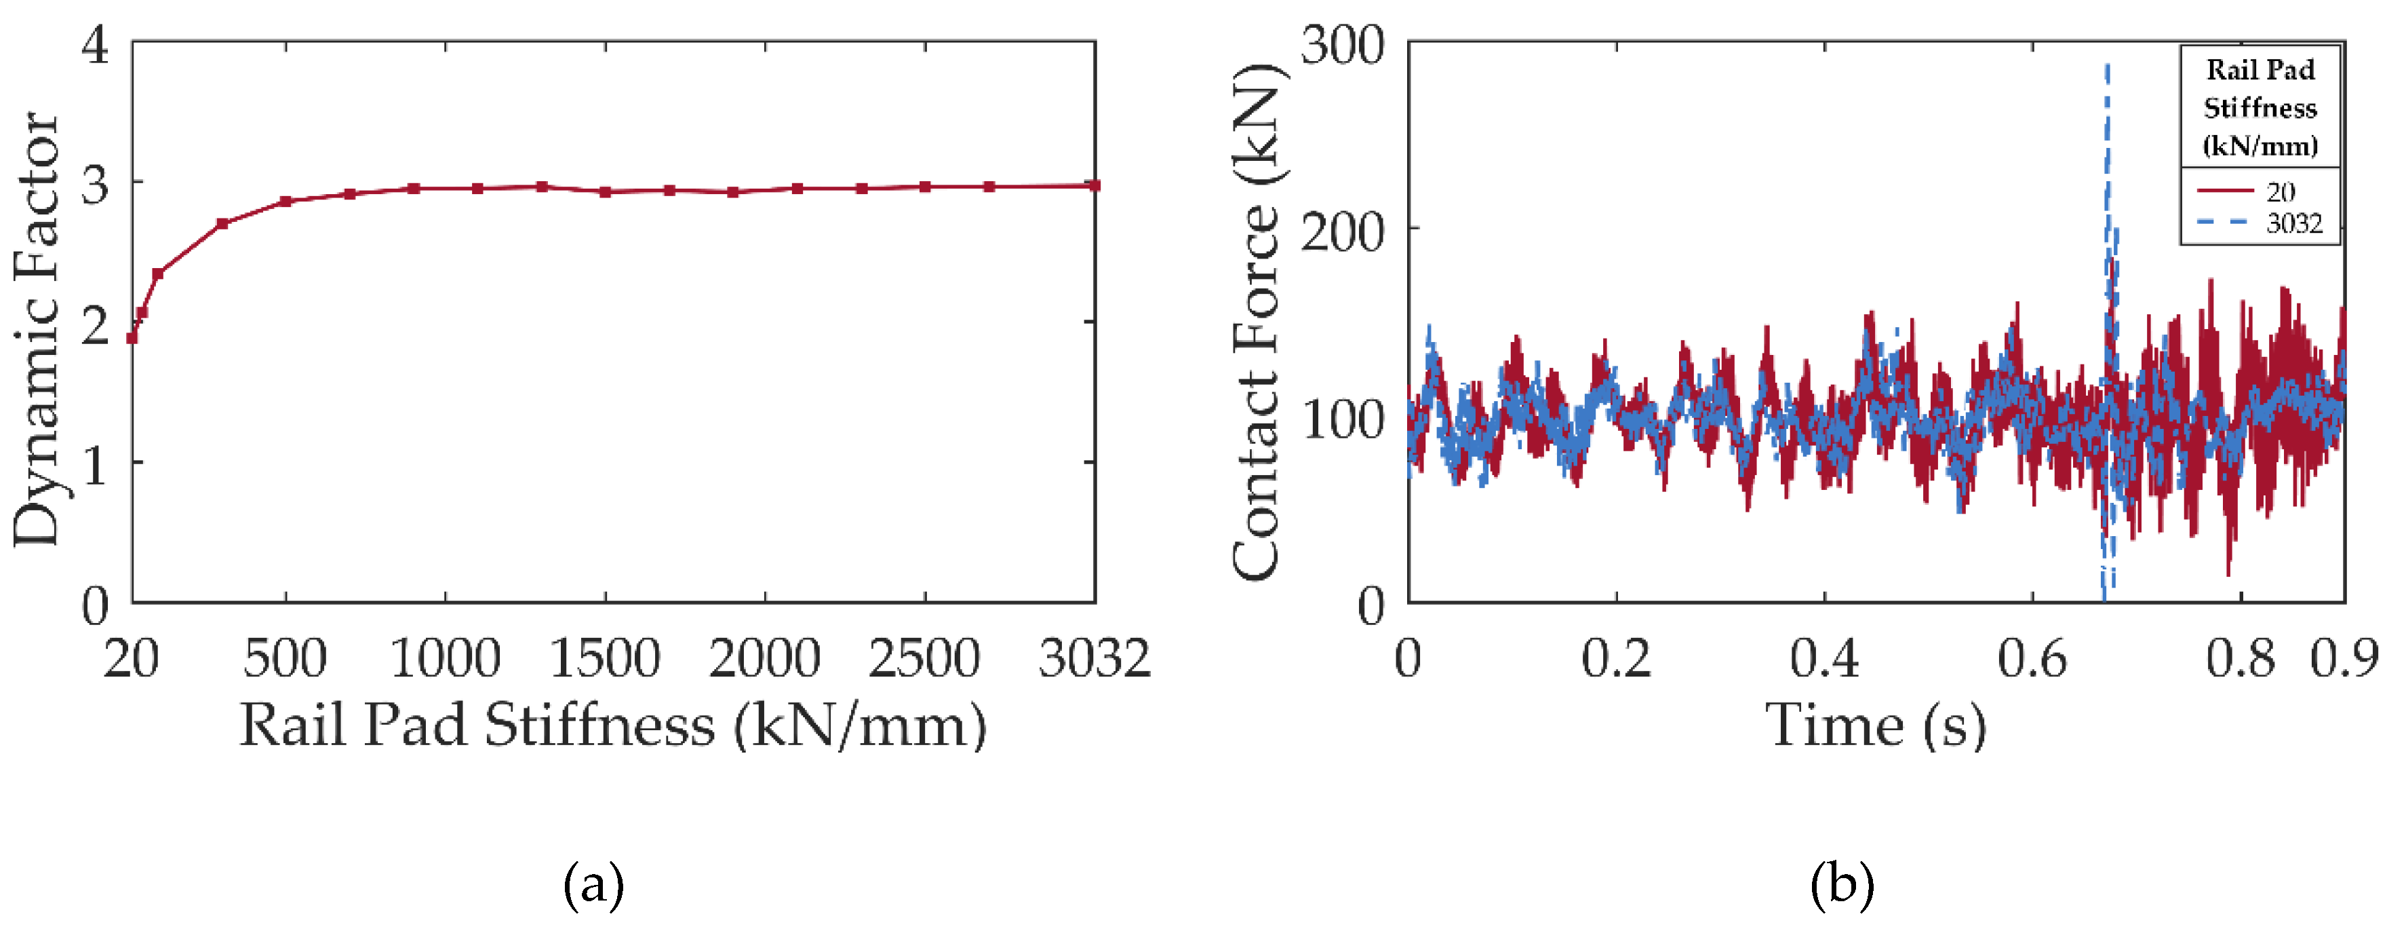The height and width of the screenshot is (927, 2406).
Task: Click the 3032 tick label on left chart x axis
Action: pos(1094,659)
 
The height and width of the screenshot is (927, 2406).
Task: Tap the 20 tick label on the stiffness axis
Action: pos(131,659)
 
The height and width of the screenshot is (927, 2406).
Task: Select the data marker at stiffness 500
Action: pos(285,202)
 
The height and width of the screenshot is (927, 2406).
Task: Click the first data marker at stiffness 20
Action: pos(132,338)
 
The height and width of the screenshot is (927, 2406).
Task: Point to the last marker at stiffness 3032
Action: pos(1094,185)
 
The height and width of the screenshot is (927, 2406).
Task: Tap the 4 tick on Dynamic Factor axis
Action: pos(95,44)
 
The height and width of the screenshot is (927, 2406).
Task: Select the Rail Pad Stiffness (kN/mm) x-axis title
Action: pos(613,726)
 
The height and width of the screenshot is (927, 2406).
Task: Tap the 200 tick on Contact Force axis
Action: pos(1342,231)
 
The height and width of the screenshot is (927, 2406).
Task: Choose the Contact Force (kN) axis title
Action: pos(1257,322)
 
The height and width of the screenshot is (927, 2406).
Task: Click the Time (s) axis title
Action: pos(1876,726)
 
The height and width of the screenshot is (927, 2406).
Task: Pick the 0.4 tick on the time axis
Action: pos(1824,659)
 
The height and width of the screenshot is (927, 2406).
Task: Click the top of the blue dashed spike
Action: pos(2107,65)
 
